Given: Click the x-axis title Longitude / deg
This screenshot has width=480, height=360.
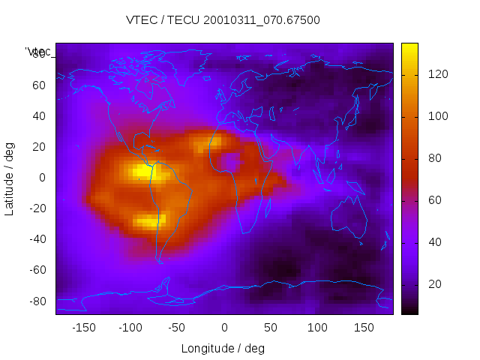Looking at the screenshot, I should click(223, 348).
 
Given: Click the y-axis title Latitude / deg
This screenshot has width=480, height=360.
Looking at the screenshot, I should click(10, 178).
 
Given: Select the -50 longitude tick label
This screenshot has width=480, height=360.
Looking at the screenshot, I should click(177, 328).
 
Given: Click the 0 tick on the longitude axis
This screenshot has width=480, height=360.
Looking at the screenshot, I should click(223, 328).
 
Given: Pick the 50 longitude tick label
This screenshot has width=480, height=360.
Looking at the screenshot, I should click(271, 328).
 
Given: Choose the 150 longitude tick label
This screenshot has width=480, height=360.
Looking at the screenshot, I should click(364, 328).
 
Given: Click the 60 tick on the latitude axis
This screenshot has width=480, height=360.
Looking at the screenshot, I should click(39, 85).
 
